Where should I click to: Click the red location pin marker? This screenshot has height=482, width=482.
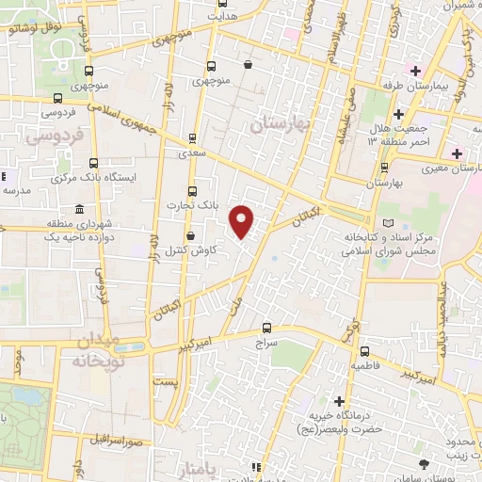click(x=243, y=222)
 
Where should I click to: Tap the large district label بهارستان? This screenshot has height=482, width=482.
click(x=281, y=123)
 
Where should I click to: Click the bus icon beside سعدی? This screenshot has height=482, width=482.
click(x=193, y=137)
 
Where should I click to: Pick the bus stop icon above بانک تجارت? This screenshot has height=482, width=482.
click(x=193, y=190)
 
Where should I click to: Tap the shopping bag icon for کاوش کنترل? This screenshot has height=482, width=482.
click(x=191, y=236)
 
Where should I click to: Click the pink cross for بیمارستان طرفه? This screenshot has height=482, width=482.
click(x=414, y=71)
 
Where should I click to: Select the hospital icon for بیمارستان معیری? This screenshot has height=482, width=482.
click(x=457, y=153)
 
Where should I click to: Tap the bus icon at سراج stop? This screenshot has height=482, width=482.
click(x=268, y=329)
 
